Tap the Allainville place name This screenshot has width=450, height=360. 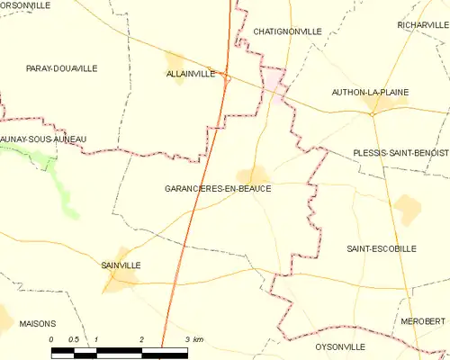point(191,74)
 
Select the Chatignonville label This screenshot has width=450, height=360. point(288,31)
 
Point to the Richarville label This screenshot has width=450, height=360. point(422,24)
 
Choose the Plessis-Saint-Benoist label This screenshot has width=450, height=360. point(400,153)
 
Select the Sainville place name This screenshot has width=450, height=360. point(121,265)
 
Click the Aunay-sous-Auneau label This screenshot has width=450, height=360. point(42,139)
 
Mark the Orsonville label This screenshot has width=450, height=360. point(24,4)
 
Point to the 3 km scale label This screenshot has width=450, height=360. point(193,339)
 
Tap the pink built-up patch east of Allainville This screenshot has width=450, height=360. point(274,85)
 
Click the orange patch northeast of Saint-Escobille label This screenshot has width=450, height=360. point(408,210)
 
